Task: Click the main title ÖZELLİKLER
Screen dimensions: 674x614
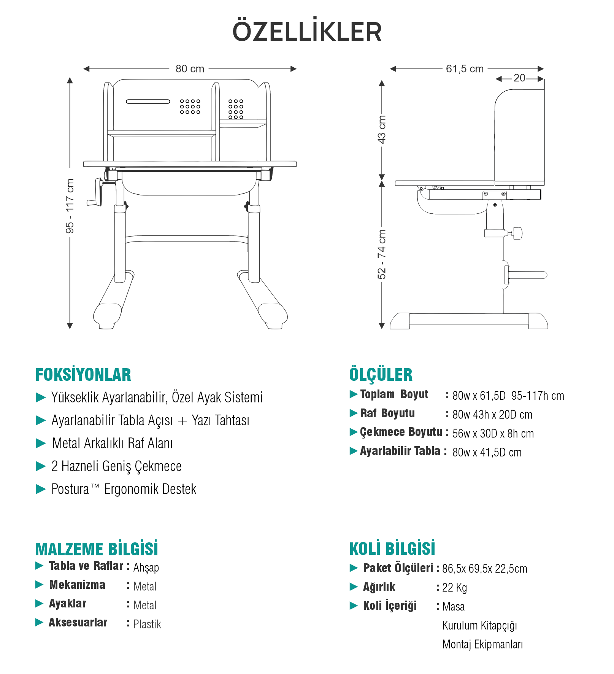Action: (x=307, y=32)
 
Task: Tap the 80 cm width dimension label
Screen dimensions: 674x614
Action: (x=190, y=69)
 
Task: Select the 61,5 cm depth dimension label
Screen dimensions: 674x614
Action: (x=464, y=69)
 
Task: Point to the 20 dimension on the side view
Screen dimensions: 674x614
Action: (x=519, y=78)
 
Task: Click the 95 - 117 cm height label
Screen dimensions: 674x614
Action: (x=70, y=206)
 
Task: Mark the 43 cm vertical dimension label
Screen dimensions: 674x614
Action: (x=382, y=129)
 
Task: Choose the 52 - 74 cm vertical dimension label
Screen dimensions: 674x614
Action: (x=382, y=254)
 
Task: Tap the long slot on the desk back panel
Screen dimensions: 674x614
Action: (x=148, y=102)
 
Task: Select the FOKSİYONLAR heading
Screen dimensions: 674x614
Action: (x=83, y=375)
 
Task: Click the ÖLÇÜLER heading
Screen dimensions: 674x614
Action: (x=381, y=375)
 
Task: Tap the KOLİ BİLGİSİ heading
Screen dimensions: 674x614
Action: (x=392, y=549)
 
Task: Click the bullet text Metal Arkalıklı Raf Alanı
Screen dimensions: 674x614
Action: (x=112, y=444)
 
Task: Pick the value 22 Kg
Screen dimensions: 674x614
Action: (x=454, y=588)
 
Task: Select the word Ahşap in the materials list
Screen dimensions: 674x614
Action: (x=146, y=567)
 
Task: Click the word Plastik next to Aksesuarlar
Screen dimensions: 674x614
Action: (x=147, y=624)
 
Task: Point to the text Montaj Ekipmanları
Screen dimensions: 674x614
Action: (x=482, y=644)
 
